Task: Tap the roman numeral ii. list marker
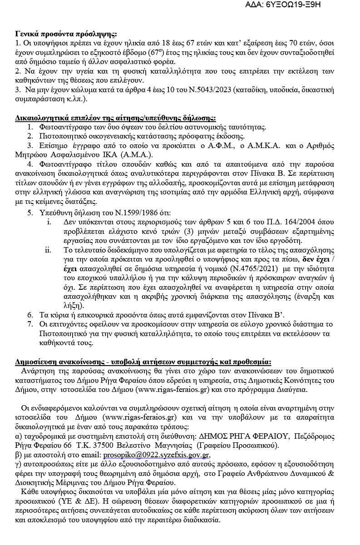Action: click(x=48, y=250)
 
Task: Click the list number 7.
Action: click(x=30, y=324)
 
